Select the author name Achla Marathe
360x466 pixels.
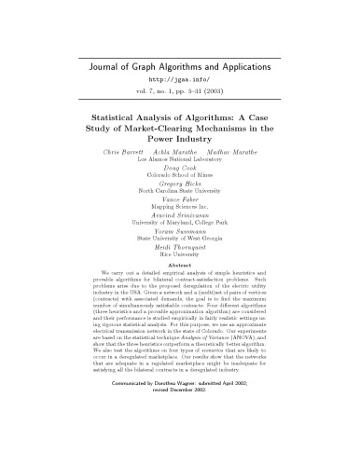[180, 149]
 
